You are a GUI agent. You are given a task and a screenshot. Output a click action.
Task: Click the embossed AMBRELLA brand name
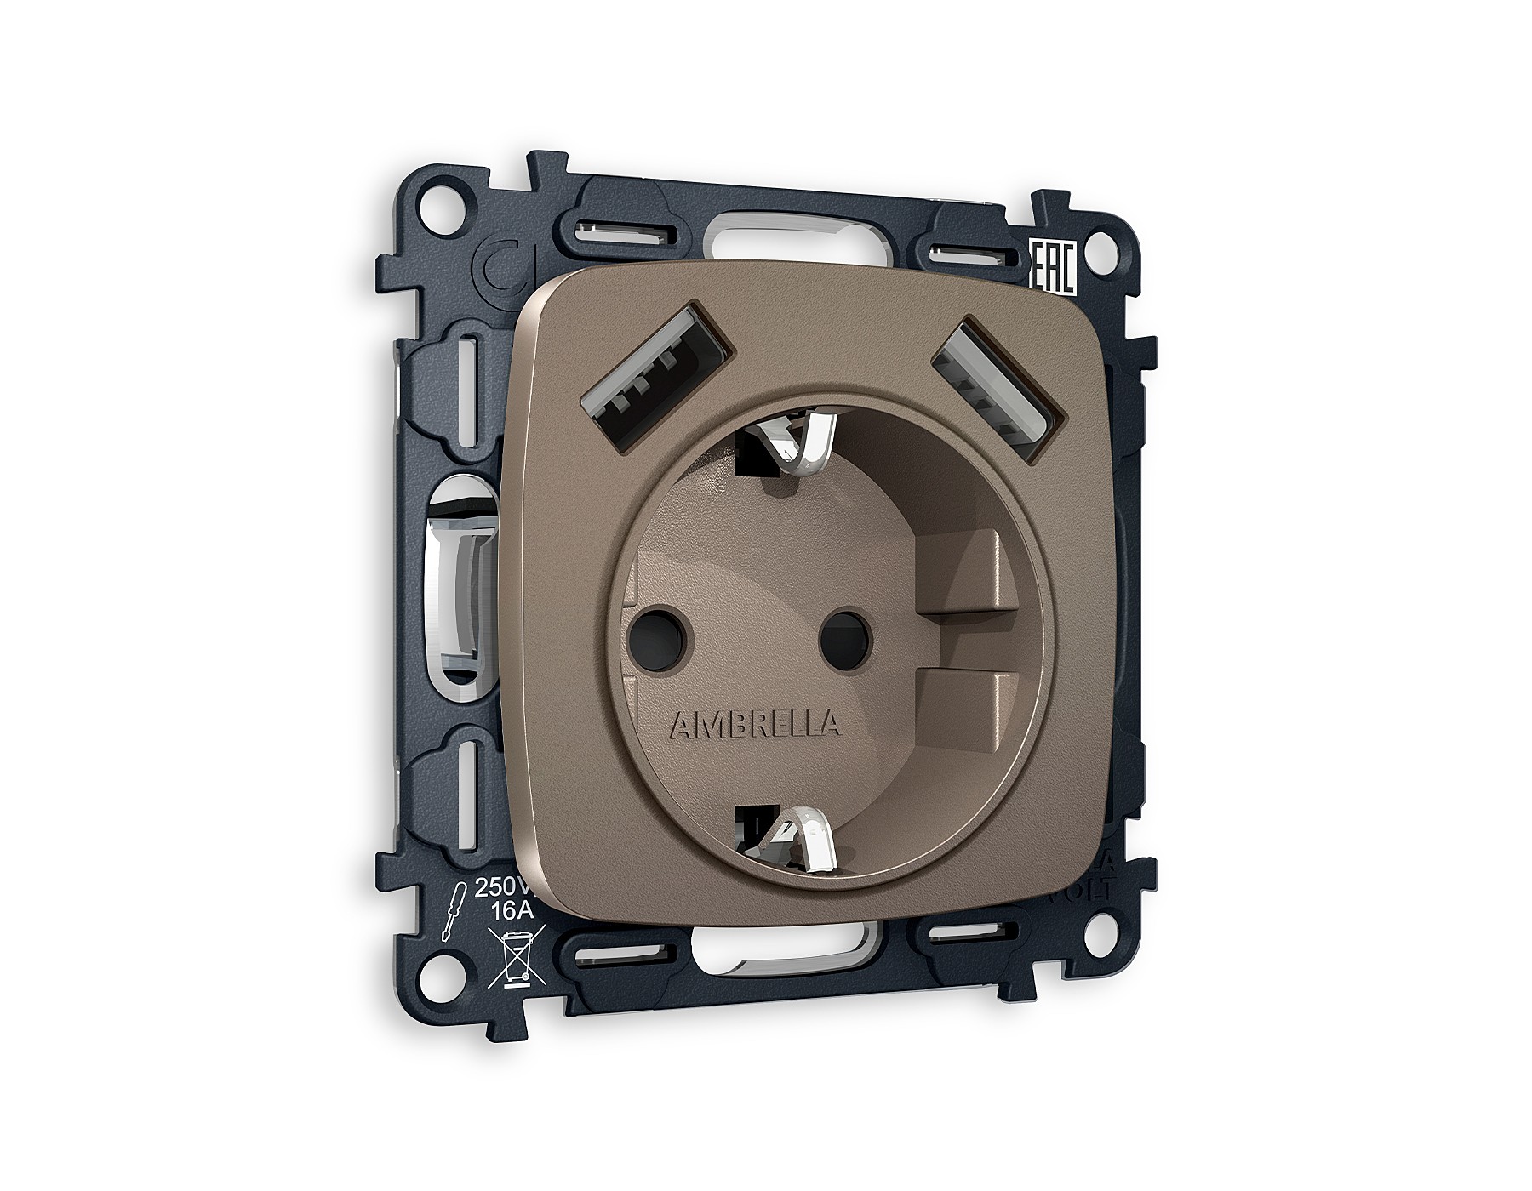pos(755,725)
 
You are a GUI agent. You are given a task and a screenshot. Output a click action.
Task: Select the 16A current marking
pos(512,910)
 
